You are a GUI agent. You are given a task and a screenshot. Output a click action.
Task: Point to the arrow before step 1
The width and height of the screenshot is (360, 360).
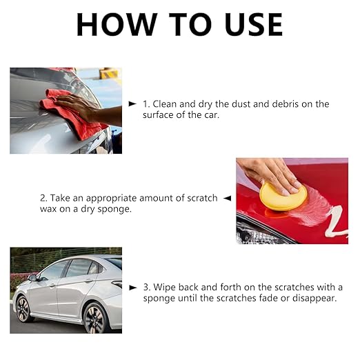[x=132, y=103]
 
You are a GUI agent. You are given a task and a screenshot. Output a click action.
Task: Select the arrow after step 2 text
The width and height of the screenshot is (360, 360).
[x=226, y=198]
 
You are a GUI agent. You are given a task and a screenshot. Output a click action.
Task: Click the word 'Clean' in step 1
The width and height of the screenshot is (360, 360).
[x=166, y=103]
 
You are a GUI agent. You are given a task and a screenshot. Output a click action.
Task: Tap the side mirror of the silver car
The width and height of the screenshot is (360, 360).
[x=32, y=278]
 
